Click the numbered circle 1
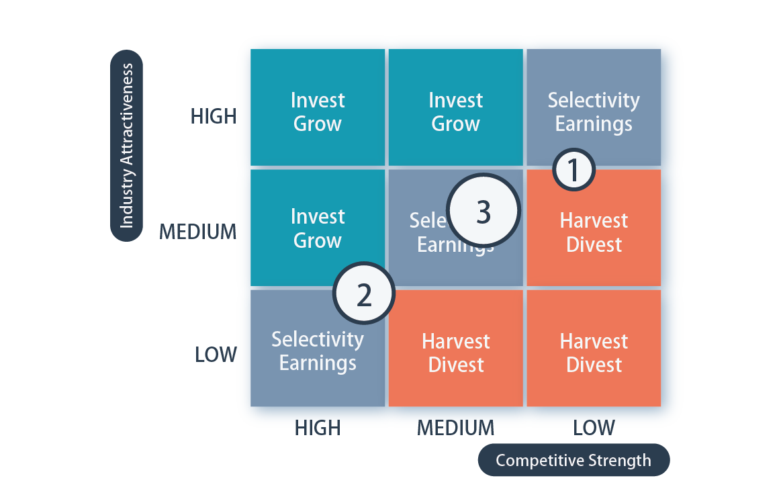[574, 171]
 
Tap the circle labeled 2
[364, 295]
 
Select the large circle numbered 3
[484, 212]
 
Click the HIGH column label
[318, 427]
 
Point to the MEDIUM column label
[455, 427]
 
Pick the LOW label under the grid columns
[594, 427]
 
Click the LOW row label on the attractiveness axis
[216, 353]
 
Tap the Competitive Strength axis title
[574, 461]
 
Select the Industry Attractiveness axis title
[126, 146]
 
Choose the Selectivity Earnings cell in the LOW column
[594, 107]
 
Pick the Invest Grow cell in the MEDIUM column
[455, 107]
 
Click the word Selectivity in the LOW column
[594, 101]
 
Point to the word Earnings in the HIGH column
[318, 363]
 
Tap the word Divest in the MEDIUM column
[456, 365]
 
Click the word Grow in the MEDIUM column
[455, 124]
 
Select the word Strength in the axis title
[616, 461]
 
